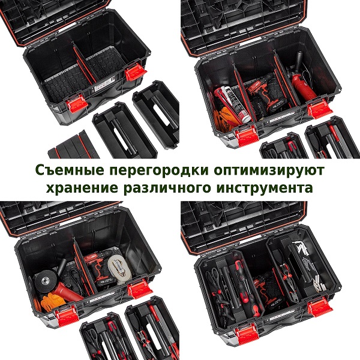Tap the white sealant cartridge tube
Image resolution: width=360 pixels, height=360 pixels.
236,103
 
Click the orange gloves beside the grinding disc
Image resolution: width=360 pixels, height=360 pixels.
52,303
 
